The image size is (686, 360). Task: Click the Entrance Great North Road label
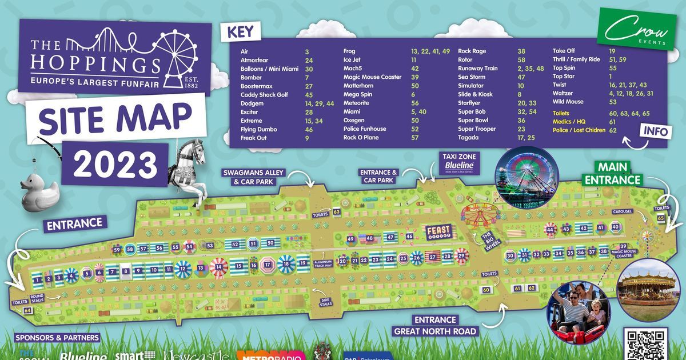tap(435, 325)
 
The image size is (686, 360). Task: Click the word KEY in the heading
tap(240, 31)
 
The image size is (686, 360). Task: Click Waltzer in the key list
tap(563, 93)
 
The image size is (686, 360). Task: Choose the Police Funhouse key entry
tap(364, 129)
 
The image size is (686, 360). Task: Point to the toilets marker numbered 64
tap(27, 310)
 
